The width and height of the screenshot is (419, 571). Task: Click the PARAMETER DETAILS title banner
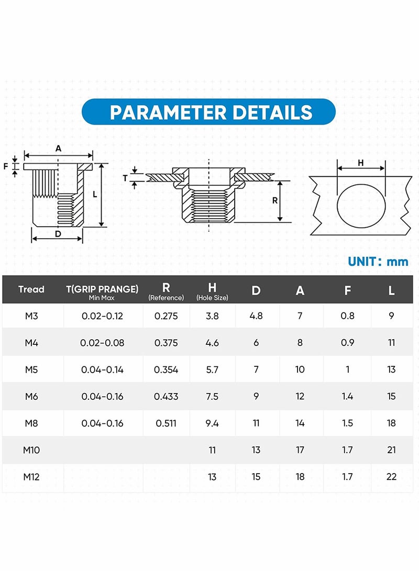coord(208,112)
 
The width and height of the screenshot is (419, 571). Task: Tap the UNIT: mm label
coord(378,262)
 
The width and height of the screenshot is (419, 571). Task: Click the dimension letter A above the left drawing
coord(58,149)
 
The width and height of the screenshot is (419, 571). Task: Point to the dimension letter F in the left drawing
coord(6,166)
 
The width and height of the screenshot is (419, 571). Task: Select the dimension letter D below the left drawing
coord(58,234)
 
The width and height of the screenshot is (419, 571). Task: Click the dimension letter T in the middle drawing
coord(125,178)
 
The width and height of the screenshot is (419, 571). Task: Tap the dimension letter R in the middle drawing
coord(275,200)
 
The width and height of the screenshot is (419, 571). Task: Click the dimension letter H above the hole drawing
coord(361,163)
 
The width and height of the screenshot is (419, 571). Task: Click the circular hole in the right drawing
coord(337,206)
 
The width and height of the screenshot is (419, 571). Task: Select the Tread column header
coord(31,289)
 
